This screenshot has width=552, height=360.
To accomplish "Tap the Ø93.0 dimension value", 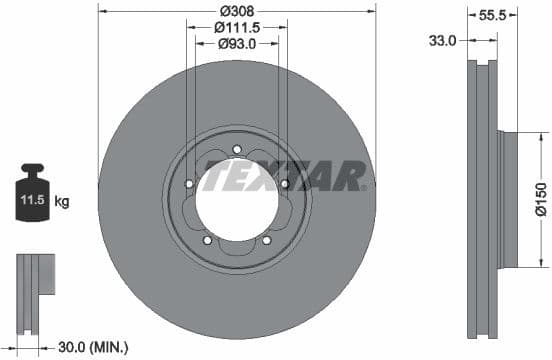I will click(237, 43).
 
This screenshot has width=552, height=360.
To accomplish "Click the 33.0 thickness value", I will click(442, 41).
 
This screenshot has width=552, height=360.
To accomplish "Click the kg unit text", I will click(62, 202).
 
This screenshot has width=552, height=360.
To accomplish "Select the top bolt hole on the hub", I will click(237, 150).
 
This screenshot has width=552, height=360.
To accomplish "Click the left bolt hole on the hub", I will click(189, 183).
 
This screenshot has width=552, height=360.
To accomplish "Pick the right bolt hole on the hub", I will click(285, 184).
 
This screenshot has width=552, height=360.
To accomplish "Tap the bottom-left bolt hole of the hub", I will click(208, 240).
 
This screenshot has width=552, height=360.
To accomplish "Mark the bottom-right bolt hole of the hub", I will click(267, 240).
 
